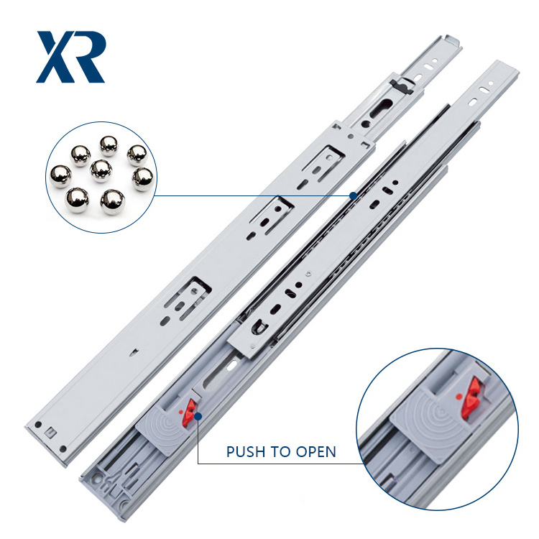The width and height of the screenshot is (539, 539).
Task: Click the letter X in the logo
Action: [x=55, y=57]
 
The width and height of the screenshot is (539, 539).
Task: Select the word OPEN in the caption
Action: [x=316, y=451]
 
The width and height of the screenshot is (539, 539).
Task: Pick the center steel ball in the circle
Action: [x=101, y=171]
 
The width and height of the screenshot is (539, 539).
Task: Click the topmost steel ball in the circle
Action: [x=109, y=146]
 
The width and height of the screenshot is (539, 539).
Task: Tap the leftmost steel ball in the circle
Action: [x=60, y=176]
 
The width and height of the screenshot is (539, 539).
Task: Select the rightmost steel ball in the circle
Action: [x=143, y=179]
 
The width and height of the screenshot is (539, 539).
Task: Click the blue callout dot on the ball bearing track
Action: [x=353, y=195]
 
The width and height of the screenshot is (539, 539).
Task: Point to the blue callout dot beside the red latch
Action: [x=198, y=416]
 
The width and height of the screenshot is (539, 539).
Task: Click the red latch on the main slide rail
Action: [x=188, y=413]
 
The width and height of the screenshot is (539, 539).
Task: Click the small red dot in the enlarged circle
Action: [x=459, y=397]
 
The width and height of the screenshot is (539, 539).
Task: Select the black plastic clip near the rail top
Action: [x=401, y=86]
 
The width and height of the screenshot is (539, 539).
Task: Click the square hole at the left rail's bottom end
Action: [x=50, y=433]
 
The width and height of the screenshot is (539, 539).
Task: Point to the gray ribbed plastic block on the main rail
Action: [x=165, y=430]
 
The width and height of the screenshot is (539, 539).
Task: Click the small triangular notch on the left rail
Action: [x=134, y=351]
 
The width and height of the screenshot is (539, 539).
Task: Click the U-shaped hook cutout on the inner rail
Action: [x=259, y=327]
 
